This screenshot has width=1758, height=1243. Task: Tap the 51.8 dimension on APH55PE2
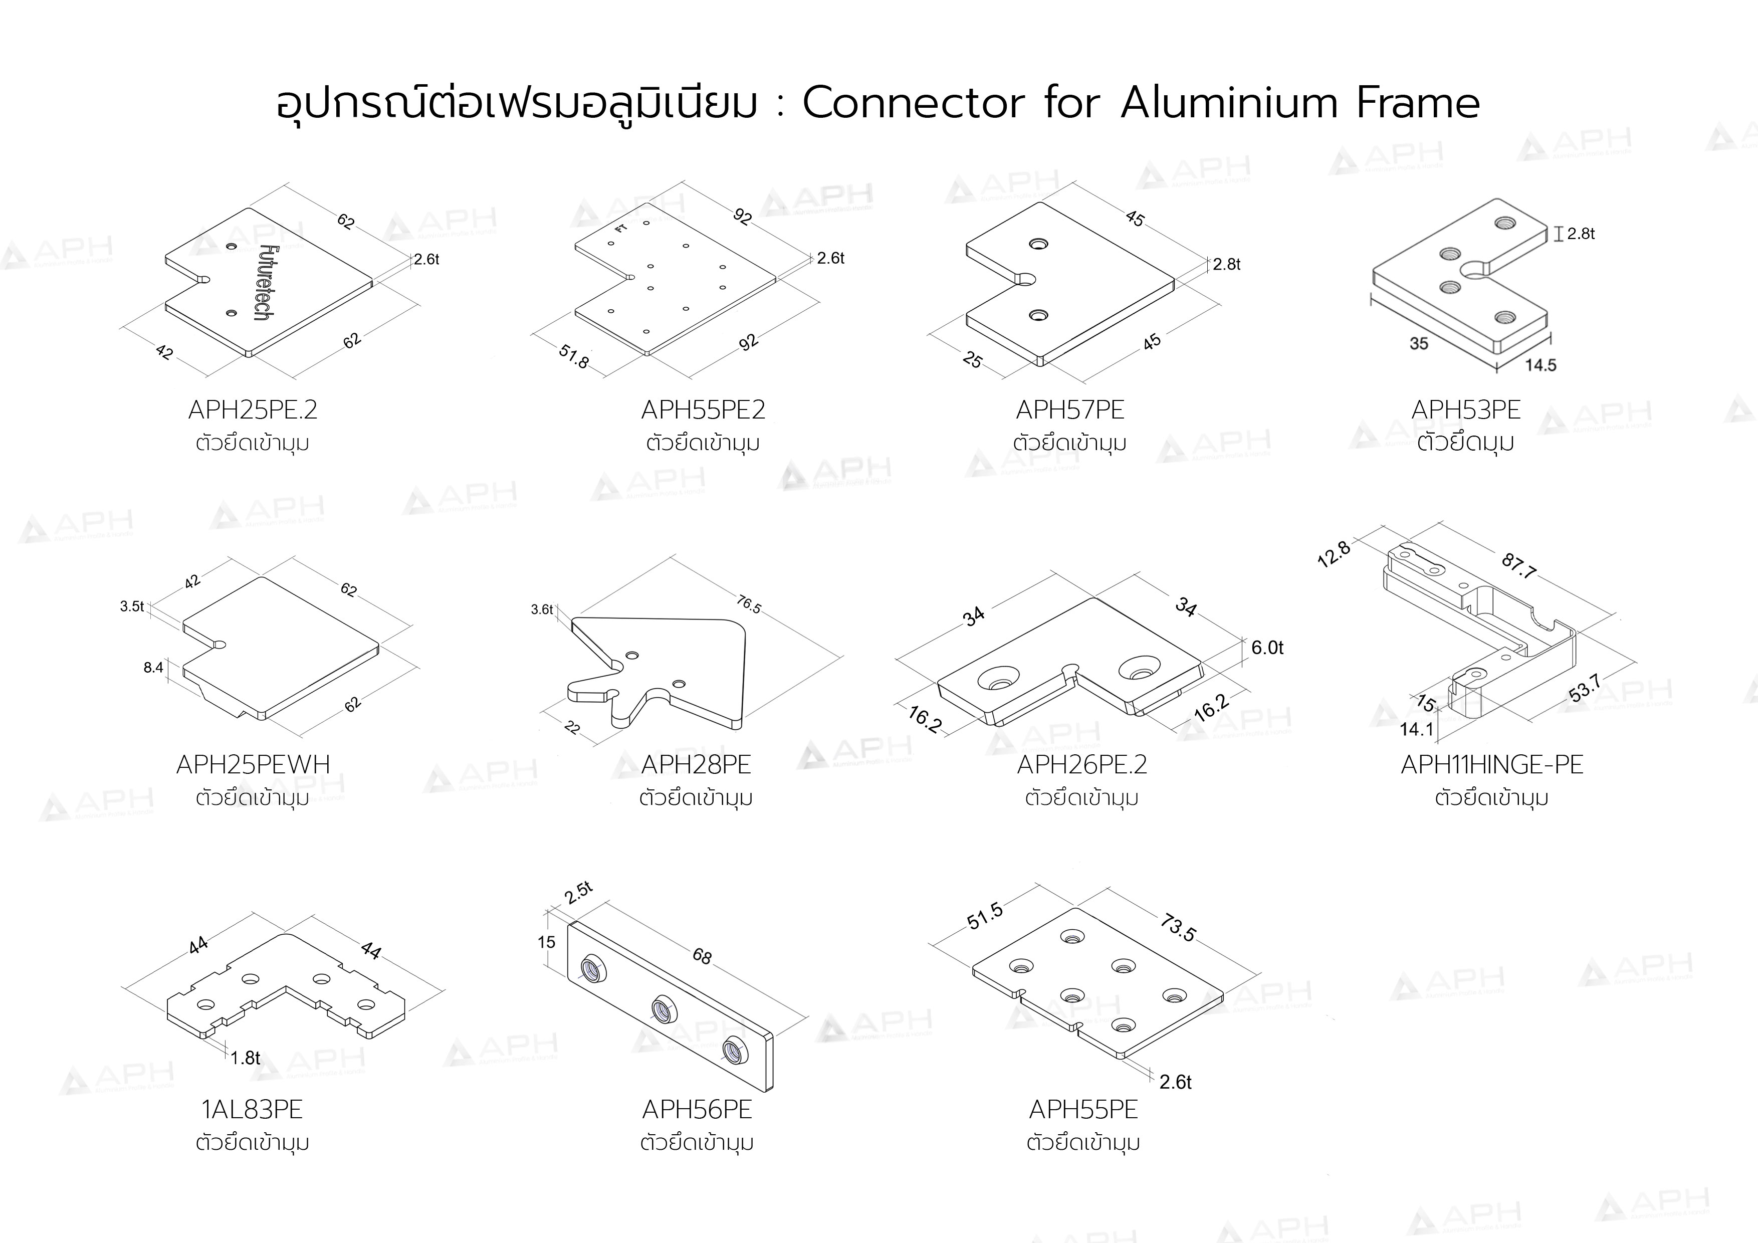coord(573,356)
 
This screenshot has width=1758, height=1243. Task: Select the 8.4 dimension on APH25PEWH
coord(153,668)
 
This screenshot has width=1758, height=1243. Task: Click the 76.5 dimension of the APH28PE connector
coord(749,605)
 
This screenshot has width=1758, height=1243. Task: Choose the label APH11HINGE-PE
coord(1491,764)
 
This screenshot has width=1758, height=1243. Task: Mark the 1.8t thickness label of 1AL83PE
coord(246,1058)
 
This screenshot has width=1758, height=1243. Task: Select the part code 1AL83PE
coord(252,1109)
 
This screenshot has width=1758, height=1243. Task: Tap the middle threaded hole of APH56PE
coord(663,1011)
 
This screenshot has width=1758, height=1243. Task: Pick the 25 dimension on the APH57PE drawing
coord(972,360)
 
